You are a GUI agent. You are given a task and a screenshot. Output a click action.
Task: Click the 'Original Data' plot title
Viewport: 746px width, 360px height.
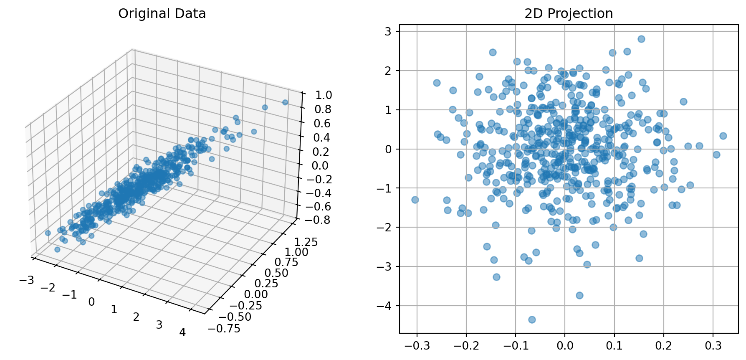[x=162, y=14]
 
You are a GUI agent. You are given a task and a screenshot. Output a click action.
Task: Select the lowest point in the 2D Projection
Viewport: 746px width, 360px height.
[x=532, y=319]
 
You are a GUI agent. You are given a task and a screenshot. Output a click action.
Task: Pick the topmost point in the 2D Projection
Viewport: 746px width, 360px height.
[x=641, y=39]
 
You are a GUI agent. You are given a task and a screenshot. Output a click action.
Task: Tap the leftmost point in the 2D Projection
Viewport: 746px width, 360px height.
[x=415, y=200]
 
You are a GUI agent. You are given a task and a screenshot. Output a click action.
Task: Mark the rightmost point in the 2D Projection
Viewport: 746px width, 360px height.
[x=723, y=136]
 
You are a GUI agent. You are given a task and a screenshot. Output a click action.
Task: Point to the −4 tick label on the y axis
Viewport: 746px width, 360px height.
[x=384, y=306]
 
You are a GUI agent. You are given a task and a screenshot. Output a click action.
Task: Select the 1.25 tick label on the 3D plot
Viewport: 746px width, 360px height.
[x=306, y=242]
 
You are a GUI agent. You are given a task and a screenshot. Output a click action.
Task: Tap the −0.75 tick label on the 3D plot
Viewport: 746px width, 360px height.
[x=224, y=329]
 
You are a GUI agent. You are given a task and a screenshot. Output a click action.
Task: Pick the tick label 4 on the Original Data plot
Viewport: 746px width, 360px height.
[x=182, y=332]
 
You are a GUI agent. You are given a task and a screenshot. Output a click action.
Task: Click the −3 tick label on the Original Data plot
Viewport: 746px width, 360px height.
[x=26, y=280]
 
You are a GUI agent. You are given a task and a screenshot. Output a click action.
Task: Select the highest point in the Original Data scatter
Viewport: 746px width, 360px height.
[x=285, y=102]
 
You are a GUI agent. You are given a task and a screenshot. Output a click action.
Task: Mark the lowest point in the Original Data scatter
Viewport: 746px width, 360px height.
[x=57, y=250]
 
